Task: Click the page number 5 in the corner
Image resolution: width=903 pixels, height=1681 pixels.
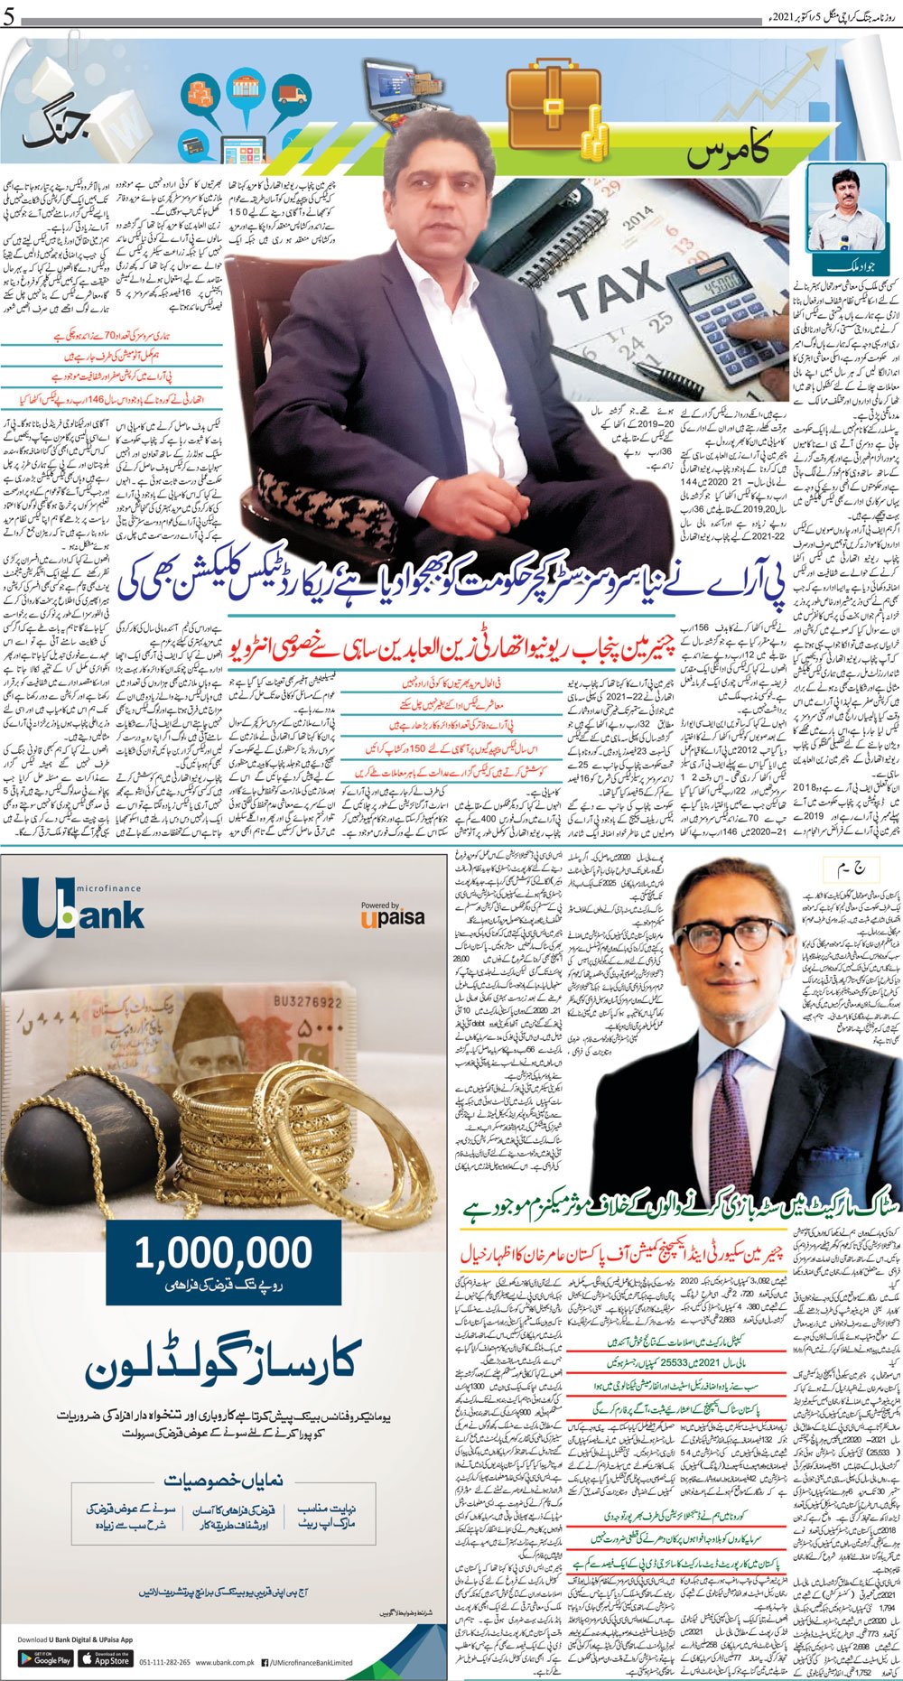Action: [x=8, y=17]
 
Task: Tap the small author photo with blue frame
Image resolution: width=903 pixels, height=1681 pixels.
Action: [x=845, y=209]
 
